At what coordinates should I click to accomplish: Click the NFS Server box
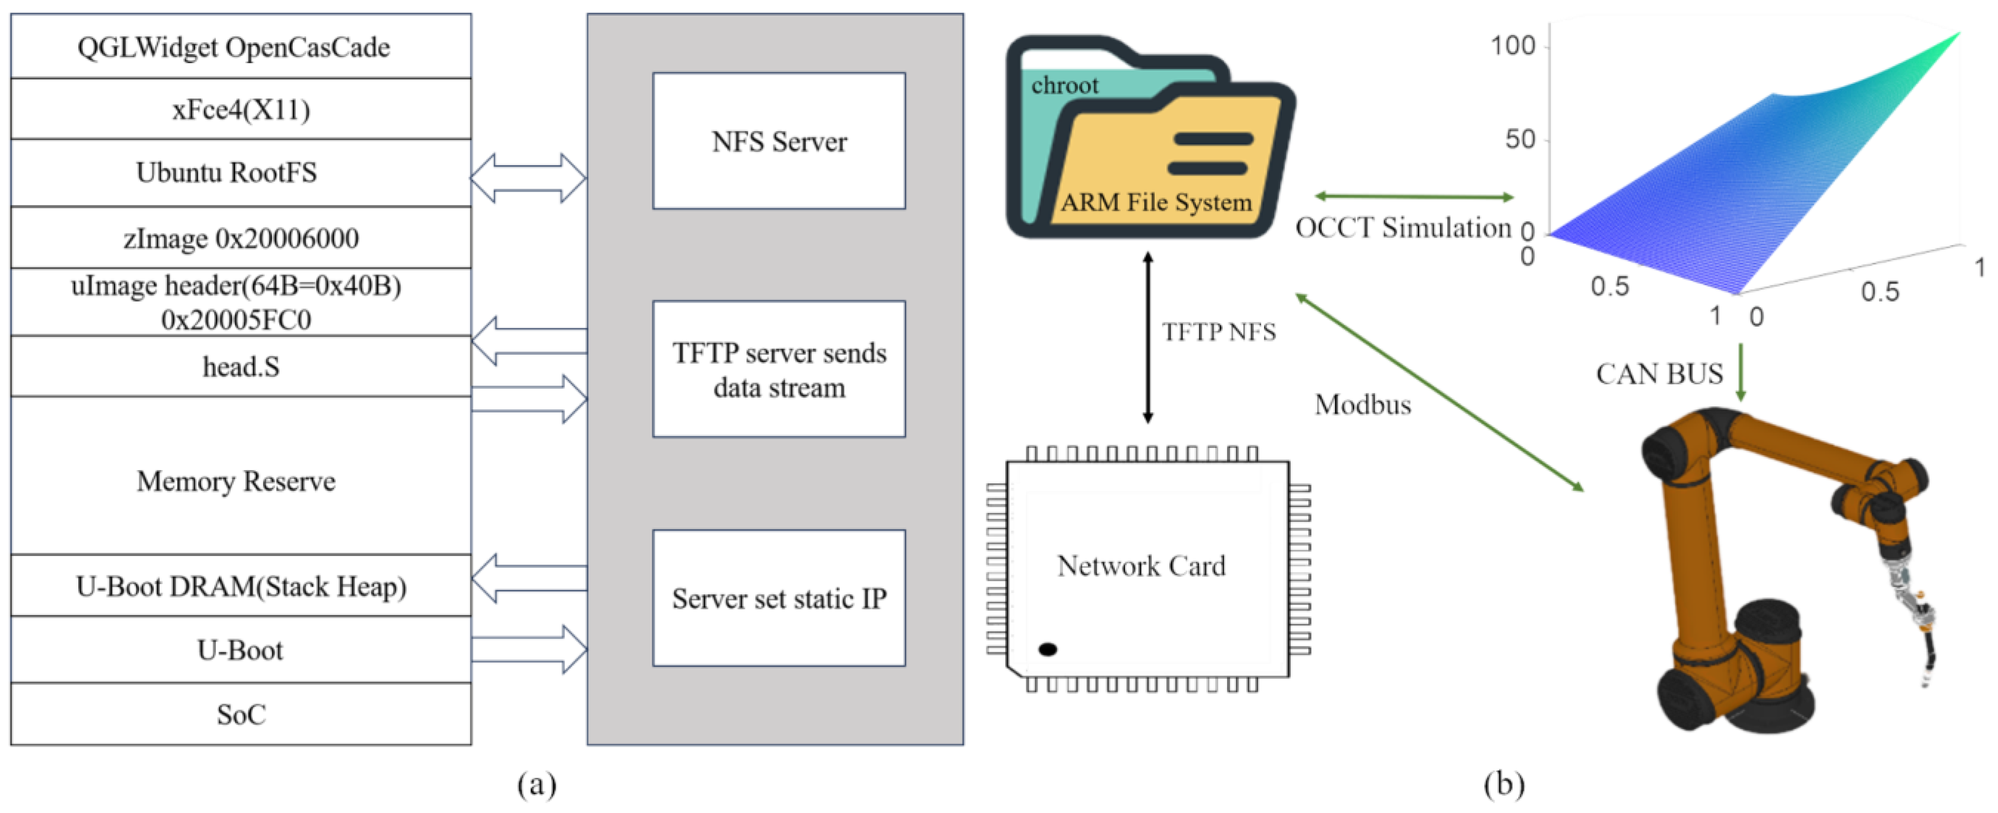point(779,140)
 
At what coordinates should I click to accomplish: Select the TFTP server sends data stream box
point(779,369)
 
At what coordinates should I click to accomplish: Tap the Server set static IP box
point(779,598)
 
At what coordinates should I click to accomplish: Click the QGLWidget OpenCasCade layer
point(240,46)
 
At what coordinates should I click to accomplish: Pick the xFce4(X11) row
point(240,108)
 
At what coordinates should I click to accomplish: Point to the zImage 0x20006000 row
point(240,237)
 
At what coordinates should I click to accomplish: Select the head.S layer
point(240,366)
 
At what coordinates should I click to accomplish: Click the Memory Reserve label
point(236,481)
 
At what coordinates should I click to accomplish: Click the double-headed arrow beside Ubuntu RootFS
point(528,178)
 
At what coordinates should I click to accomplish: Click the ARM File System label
point(1156,203)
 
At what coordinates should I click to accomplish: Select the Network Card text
point(1141,566)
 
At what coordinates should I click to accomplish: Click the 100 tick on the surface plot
point(1512,46)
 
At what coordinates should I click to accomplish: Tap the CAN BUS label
point(1659,374)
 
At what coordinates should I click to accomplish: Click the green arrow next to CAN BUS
point(1741,373)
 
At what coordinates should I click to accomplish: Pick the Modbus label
point(1363,404)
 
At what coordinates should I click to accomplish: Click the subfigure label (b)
point(1504,784)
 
